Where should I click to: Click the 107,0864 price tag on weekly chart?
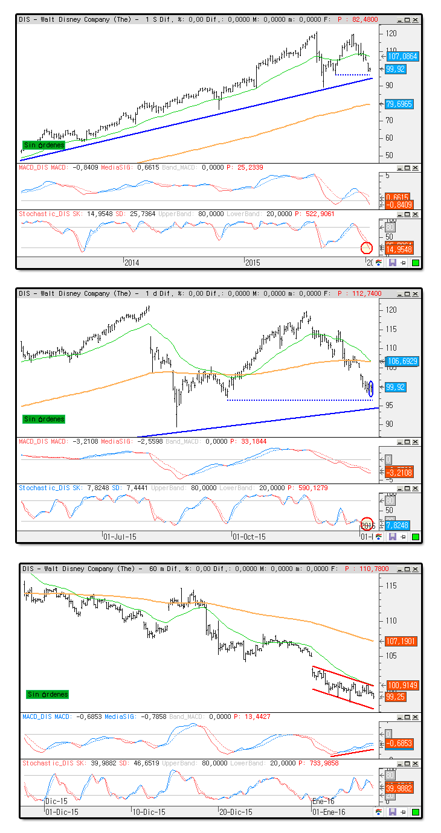[403, 56]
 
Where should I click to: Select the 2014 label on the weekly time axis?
[131, 263]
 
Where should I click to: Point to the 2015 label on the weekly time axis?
[252, 263]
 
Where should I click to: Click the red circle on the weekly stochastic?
[367, 247]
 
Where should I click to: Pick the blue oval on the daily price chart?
[370, 389]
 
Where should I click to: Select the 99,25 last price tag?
[396, 697]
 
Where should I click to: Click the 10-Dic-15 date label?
[149, 812]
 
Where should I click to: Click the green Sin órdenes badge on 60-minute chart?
[47, 694]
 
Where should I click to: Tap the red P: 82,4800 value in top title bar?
[358, 19]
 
